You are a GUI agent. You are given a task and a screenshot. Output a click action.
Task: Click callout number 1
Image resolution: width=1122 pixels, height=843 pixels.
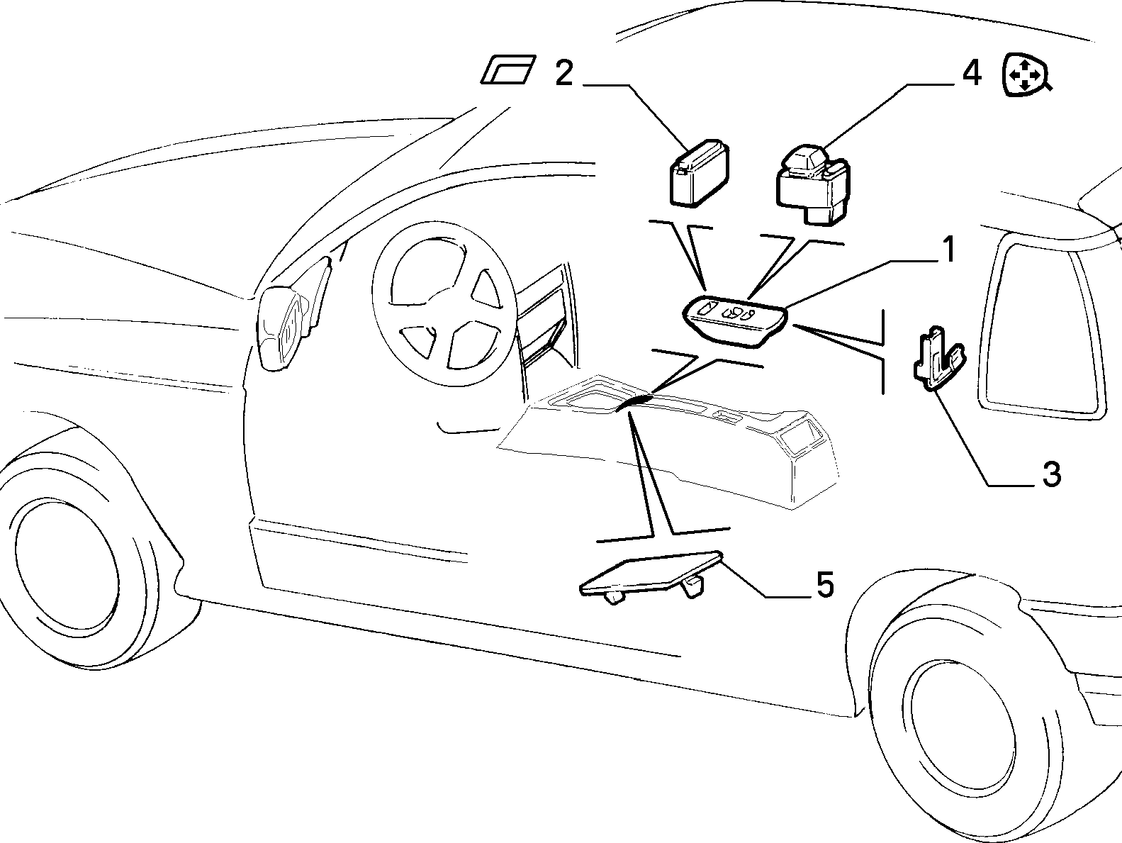[x=948, y=250]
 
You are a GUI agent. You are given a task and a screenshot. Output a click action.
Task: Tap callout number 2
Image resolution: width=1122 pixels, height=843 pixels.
[x=564, y=74]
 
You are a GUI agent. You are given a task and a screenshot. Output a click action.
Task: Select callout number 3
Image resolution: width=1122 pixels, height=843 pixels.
[x=1051, y=474]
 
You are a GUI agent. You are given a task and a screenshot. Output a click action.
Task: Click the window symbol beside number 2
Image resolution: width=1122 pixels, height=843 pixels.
[x=509, y=69]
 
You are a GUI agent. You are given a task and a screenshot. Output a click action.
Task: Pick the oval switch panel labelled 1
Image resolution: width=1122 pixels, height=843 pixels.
[x=736, y=321]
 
